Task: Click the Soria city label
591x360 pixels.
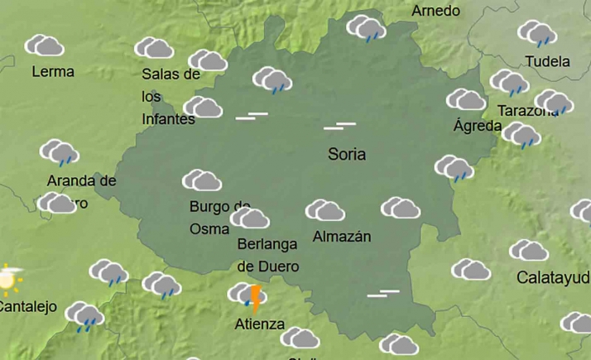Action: [347, 154]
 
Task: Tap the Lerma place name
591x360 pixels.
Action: [53, 72]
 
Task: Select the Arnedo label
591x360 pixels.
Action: [435, 11]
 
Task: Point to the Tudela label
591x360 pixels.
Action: [548, 61]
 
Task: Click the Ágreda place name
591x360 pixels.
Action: [478, 126]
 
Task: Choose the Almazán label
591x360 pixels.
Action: [342, 237]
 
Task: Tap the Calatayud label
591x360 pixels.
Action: [552, 277]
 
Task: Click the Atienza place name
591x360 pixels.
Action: [260, 324]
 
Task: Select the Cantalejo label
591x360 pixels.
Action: [27, 307]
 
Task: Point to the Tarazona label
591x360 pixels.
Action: [527, 111]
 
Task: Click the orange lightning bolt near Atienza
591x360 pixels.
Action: [256, 298]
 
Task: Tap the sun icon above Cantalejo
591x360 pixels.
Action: [8, 279]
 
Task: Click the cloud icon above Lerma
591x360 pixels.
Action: [45, 46]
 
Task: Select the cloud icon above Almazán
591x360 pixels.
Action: [325, 210]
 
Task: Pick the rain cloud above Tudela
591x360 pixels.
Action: [537, 33]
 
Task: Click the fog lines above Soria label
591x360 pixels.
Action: [339, 126]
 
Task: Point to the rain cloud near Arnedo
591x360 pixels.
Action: [366, 29]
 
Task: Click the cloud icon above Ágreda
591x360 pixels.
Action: [466, 100]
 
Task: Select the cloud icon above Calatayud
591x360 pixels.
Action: [529, 250]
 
